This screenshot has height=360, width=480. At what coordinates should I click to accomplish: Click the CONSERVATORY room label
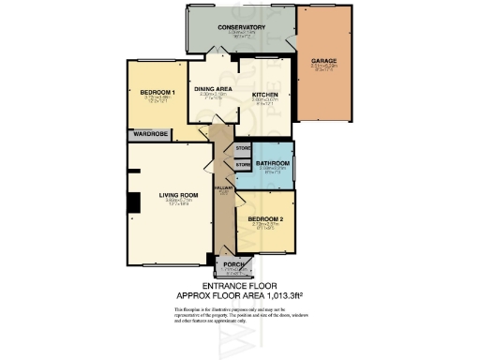(242, 27)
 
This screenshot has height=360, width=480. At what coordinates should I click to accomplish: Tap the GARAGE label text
(324, 61)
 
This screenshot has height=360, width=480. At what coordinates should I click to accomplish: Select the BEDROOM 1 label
(157, 92)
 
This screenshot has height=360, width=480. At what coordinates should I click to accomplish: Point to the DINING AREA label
(215, 88)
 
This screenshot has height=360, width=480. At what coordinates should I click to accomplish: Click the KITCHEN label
(267, 94)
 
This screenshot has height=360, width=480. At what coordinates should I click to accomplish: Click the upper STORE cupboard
(243, 148)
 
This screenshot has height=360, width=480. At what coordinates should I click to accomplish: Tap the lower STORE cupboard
(243, 165)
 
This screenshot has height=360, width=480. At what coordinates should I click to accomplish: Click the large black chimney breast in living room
(134, 202)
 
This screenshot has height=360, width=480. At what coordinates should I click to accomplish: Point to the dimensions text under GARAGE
(324, 67)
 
